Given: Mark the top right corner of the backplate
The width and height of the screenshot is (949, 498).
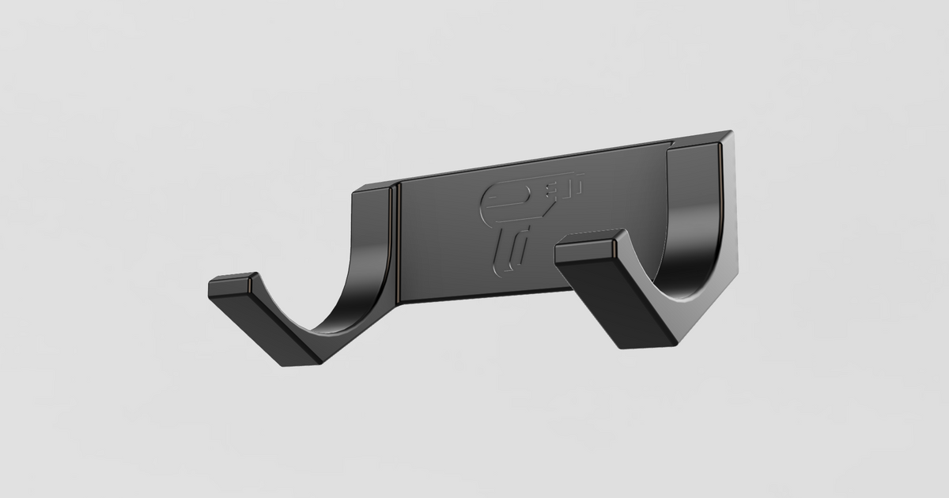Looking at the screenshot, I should tap(729, 133).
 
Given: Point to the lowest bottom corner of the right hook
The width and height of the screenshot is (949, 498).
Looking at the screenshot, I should tap(625, 348).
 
